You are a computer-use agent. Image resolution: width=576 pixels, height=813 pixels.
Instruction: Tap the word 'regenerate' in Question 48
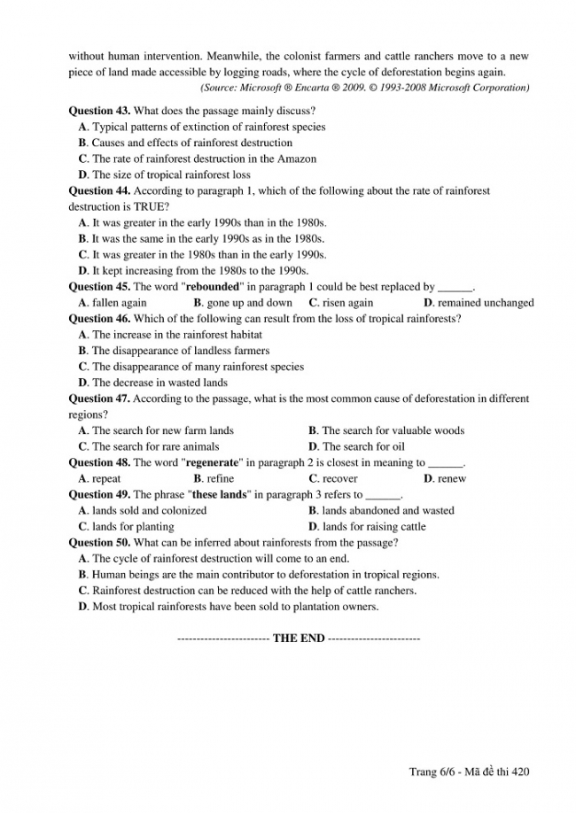coord(214,462)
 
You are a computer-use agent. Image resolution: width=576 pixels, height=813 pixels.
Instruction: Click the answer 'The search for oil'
coord(362,446)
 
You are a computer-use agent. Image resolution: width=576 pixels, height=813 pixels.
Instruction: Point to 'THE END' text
coord(299,639)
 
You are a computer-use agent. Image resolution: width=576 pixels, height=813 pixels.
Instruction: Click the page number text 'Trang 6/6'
coord(431,772)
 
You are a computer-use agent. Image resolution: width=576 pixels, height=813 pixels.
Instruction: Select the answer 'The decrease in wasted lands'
coord(160,383)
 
